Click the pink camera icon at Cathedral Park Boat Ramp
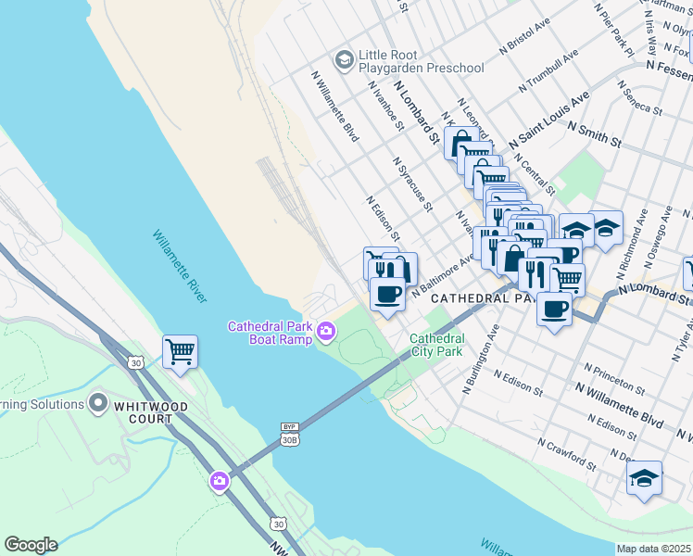(x=326, y=331)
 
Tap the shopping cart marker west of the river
(x=180, y=350)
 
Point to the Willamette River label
(x=179, y=266)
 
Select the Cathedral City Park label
(x=436, y=346)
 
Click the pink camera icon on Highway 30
(x=220, y=480)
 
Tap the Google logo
(x=31, y=545)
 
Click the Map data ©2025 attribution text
(x=653, y=549)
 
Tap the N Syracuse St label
(x=412, y=183)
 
